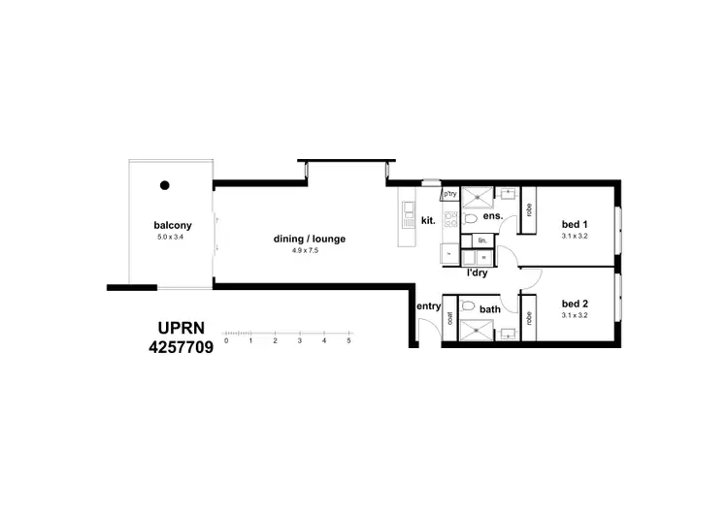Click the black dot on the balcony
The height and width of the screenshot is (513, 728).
click(x=166, y=184)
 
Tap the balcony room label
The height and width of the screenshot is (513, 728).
click(x=170, y=223)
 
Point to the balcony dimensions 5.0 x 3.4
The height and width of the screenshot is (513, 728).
click(x=170, y=236)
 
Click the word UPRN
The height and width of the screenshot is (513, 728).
click(x=181, y=328)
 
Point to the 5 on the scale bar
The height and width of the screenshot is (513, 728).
click(x=348, y=341)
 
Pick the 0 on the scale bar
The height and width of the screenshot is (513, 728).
click(x=225, y=341)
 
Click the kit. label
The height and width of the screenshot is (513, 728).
click(x=427, y=222)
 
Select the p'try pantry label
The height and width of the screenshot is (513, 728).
click(x=449, y=194)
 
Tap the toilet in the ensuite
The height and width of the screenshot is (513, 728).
click(x=469, y=218)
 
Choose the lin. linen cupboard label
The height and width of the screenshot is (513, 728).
click(x=480, y=240)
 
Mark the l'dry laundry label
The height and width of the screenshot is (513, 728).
click(x=477, y=273)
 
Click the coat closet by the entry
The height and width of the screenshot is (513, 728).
click(x=450, y=318)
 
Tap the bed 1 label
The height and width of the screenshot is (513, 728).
click(x=575, y=224)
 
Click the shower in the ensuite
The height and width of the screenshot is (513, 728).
click(x=477, y=197)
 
